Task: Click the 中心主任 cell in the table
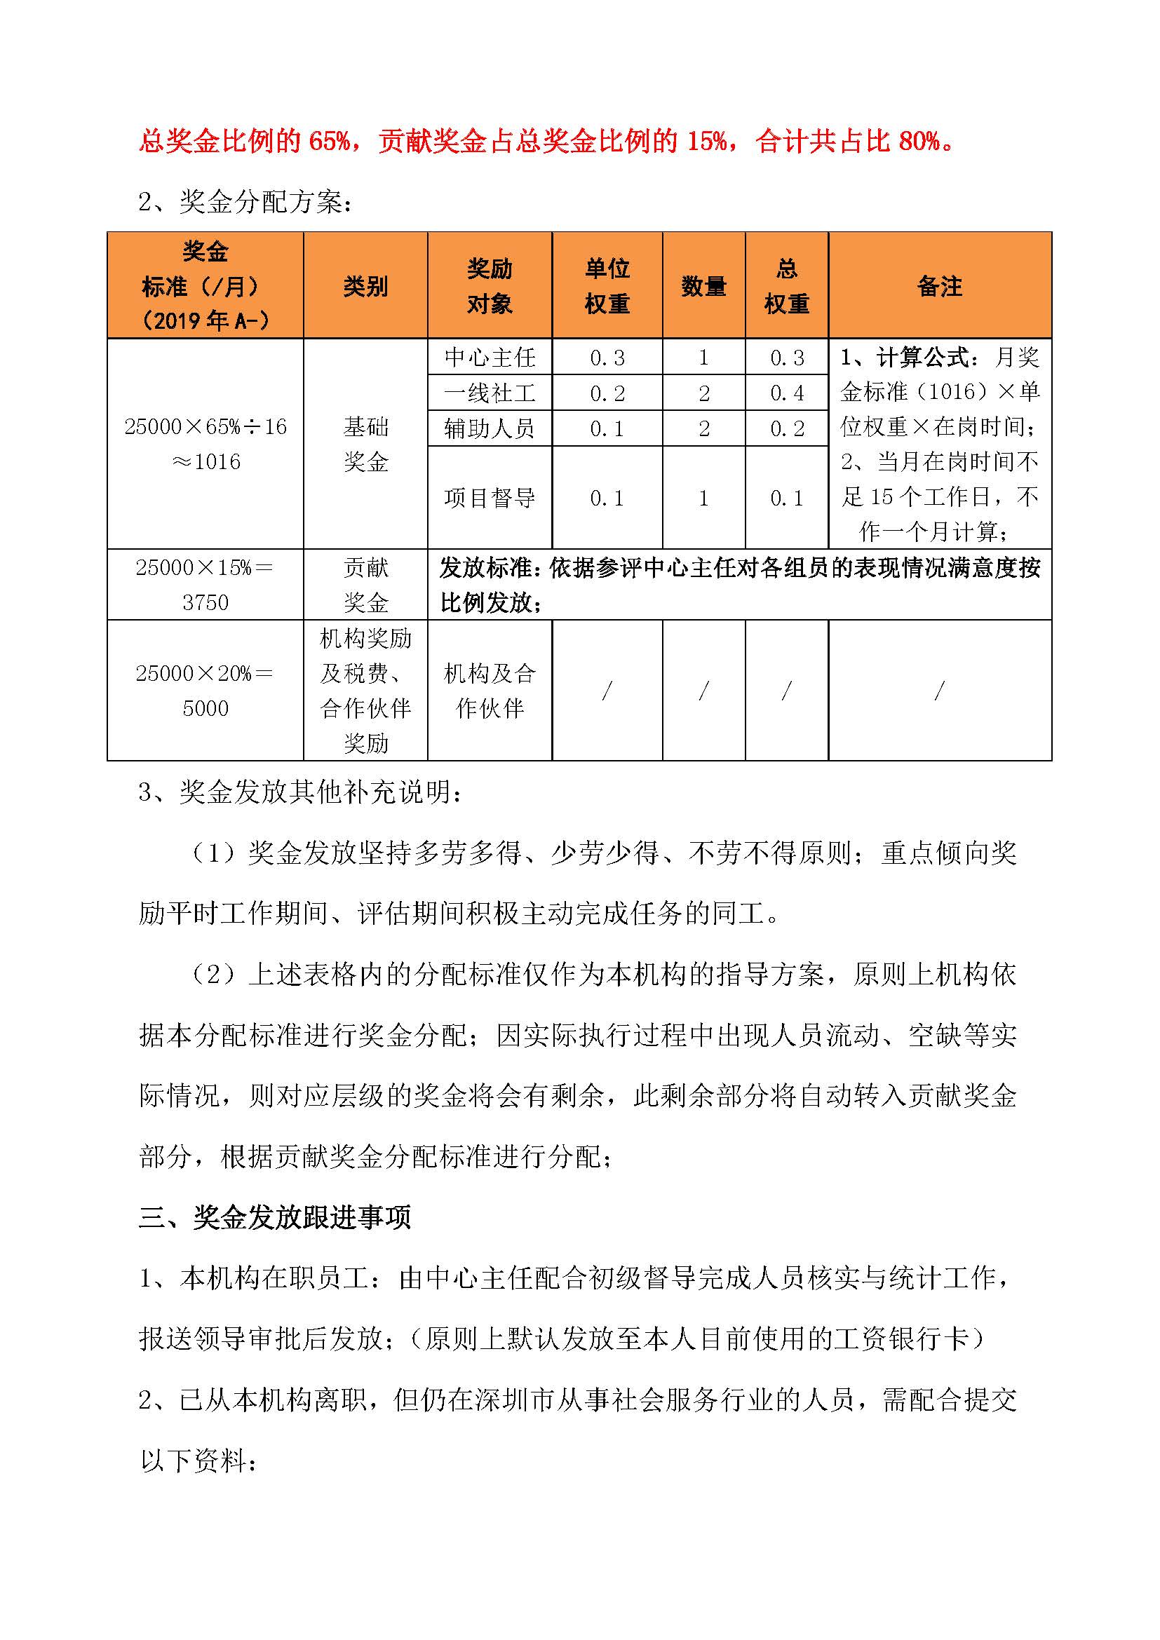(x=490, y=357)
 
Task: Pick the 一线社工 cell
(x=490, y=393)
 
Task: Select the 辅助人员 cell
(x=490, y=428)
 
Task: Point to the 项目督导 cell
(x=490, y=498)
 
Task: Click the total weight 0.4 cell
(x=786, y=393)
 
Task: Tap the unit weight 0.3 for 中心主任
(x=607, y=357)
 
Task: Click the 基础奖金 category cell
(x=365, y=445)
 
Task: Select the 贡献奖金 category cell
(x=365, y=585)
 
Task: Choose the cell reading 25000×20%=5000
(x=205, y=691)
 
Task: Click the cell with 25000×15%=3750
(x=205, y=585)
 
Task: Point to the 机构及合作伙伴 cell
(x=490, y=691)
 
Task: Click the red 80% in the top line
(x=919, y=142)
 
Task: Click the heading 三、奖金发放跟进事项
(x=275, y=1217)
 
